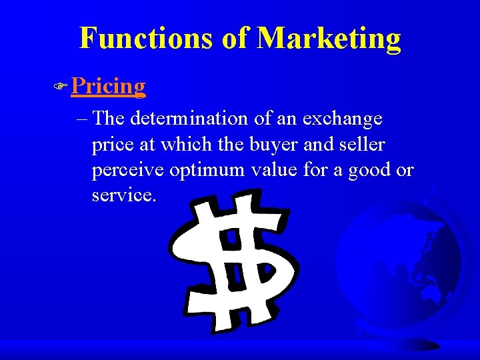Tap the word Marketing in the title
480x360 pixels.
[x=329, y=38]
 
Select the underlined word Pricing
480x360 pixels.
[x=108, y=86]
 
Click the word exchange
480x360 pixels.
[x=342, y=119]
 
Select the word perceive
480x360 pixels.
[x=127, y=171]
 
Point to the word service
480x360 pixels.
[x=124, y=196]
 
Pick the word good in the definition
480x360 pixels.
[x=368, y=171]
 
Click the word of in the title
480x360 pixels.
[x=235, y=38]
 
